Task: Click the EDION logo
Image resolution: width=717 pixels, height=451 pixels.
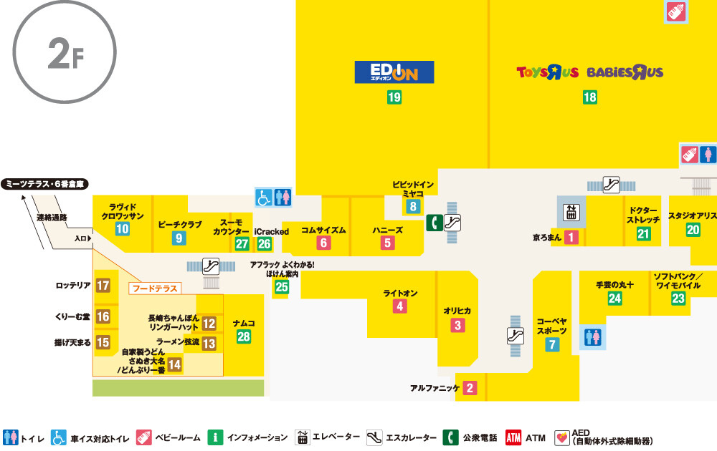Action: click(394, 72)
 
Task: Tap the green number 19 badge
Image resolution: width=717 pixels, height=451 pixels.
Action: click(394, 98)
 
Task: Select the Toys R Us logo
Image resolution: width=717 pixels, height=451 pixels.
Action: click(549, 72)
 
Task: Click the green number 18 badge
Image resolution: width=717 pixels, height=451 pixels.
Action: click(590, 98)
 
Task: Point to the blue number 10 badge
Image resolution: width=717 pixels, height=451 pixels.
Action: click(123, 229)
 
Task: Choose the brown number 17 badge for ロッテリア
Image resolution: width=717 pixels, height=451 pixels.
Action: click(103, 286)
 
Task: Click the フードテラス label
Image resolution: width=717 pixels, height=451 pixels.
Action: click(154, 289)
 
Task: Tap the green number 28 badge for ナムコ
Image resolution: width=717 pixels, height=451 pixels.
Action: click(244, 337)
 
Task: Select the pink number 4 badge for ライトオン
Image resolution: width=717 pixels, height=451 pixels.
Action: click(400, 306)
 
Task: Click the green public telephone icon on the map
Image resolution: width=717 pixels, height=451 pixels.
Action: click(433, 223)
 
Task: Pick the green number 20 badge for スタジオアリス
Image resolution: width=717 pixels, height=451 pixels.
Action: click(693, 230)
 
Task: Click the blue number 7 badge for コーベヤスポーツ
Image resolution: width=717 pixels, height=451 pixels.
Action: click(552, 344)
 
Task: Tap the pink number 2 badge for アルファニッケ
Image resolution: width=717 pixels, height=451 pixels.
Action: click(470, 389)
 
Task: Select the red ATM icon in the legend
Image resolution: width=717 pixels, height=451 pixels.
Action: click(513, 437)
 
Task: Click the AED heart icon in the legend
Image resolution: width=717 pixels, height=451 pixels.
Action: click(562, 437)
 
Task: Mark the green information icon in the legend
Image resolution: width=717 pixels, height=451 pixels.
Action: click(214, 437)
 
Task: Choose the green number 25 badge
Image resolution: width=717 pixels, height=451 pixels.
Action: click(281, 288)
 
